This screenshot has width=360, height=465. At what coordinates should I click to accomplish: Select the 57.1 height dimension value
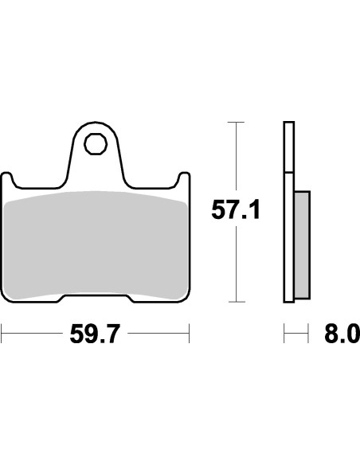coord(235,211)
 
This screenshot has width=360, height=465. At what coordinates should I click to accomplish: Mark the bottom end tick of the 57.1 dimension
coord(234,302)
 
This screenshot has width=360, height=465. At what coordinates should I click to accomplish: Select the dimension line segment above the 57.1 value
coord(234,159)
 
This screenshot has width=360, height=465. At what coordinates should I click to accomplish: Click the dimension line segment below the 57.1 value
coord(234,263)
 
